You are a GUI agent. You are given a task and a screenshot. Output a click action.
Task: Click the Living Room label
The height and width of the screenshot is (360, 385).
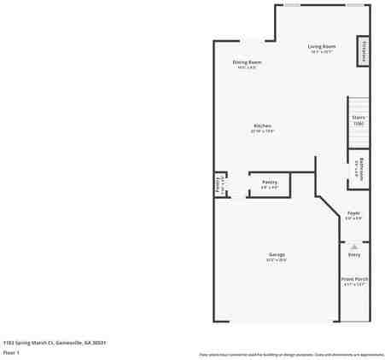pos(322,46)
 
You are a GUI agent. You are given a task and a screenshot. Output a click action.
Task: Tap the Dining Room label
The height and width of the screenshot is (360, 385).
pos(247,62)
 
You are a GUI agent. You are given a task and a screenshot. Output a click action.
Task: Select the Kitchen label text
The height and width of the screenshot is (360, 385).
pos(262,126)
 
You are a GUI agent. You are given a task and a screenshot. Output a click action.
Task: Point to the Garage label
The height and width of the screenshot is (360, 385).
pos(277,254)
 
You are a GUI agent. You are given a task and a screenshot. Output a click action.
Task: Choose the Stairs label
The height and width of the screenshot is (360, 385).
pos(359,118)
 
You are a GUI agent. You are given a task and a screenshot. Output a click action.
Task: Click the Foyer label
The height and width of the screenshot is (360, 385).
pos(353,213)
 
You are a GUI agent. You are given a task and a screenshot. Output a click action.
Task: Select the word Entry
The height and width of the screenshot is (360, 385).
pos(353,254)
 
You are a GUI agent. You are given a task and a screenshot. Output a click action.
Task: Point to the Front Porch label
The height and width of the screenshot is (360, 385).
pos(353,279)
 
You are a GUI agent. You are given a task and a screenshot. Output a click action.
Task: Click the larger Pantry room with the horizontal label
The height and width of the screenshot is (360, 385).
pos(270,184)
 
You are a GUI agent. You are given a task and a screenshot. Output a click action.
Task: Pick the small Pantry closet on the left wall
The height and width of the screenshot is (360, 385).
pos(219,184)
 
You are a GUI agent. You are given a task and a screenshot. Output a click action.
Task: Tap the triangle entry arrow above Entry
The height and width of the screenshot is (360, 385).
pos(353,246)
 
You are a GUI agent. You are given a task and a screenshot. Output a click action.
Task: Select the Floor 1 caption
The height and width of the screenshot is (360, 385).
pos(12,351)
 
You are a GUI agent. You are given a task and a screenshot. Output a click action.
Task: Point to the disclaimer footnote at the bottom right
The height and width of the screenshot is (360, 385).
pos(291,354)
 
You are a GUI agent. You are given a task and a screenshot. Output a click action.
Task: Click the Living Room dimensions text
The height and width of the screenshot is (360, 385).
pos(322,52)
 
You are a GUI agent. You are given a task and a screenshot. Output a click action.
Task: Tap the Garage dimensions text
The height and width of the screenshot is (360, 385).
pos(277,260)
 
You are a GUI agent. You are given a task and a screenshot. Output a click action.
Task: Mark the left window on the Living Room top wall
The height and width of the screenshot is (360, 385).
pos(292,5)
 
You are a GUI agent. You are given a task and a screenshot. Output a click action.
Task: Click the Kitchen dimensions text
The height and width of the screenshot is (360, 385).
pos(262,131)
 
